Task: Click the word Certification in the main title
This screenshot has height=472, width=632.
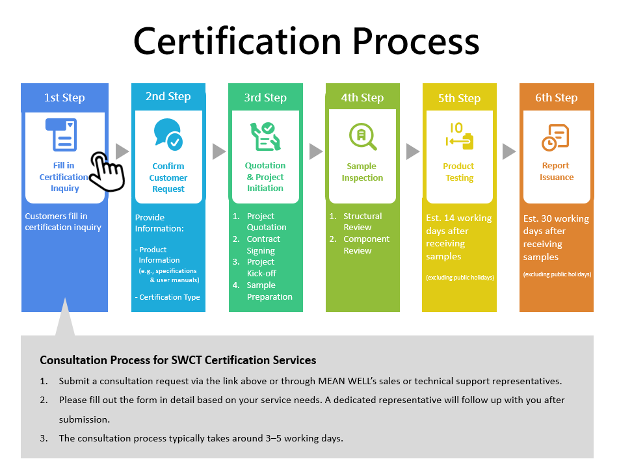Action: point(237,41)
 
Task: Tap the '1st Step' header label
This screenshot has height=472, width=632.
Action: point(64,98)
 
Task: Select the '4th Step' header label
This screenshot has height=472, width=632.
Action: point(362,98)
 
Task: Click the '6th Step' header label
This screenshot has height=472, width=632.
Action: point(556,98)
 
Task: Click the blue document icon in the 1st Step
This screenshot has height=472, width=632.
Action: point(61,135)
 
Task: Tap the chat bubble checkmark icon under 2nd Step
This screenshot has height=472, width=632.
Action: point(168,135)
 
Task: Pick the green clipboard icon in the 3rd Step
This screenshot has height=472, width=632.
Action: point(265,137)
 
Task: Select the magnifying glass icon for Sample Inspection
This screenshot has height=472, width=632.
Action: point(363,137)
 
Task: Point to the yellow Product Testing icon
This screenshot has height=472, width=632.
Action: point(460,137)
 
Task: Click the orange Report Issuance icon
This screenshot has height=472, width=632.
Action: point(555,137)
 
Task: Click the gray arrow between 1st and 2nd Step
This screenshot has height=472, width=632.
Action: point(122,151)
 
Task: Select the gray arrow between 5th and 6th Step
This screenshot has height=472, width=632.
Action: point(509,151)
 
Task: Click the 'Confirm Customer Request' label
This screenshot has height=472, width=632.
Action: point(168,177)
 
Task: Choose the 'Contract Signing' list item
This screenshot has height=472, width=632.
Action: point(263,244)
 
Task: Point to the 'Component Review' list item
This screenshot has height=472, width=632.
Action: point(366,244)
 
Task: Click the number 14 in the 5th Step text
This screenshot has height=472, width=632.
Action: point(449,218)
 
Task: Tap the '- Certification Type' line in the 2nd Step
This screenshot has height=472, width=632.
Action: point(168,297)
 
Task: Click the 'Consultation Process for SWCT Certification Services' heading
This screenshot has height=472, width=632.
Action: point(178,360)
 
